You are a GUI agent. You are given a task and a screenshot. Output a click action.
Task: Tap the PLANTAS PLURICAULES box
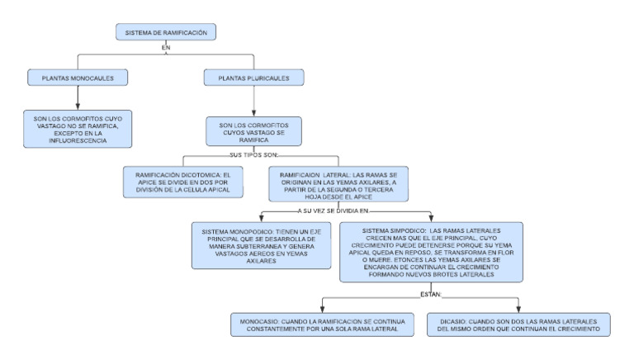(253, 78)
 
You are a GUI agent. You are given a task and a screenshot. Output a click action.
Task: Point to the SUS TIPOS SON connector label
(253, 154)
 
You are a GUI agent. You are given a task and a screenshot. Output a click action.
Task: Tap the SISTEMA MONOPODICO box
(261, 244)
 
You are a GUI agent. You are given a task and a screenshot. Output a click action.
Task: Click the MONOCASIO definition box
(322, 324)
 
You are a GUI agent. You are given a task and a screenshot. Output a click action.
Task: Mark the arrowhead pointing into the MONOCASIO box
(322, 307)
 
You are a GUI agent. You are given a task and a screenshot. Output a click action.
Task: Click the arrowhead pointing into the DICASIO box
(518, 307)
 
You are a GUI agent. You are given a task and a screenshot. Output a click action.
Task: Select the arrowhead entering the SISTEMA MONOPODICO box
(262, 217)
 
